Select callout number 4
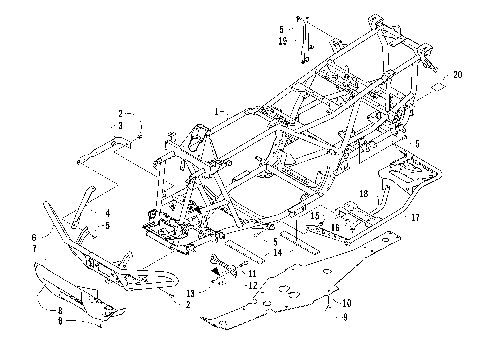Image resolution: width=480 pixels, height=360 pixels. pyautogui.click(x=108, y=213)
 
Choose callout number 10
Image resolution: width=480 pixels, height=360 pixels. pyautogui.click(x=348, y=302)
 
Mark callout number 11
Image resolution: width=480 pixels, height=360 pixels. pyautogui.click(x=253, y=273)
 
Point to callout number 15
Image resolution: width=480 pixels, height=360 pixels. pyautogui.click(x=313, y=214)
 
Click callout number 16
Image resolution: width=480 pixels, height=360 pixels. pyautogui.click(x=336, y=227)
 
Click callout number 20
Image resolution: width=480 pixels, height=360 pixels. pyautogui.click(x=458, y=75)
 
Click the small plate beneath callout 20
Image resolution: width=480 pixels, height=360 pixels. pyautogui.click(x=436, y=89)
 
